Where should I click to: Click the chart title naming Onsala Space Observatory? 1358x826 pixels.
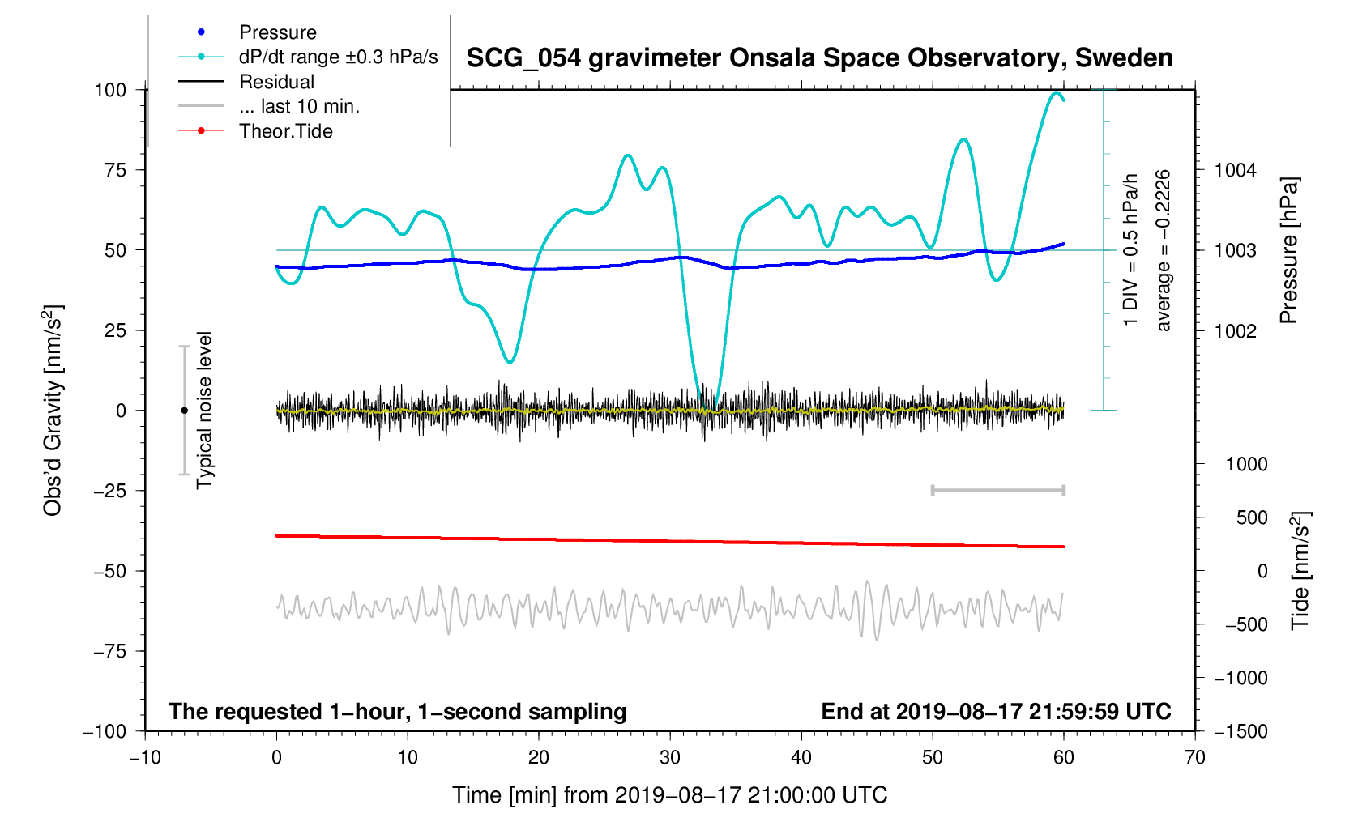(x=819, y=58)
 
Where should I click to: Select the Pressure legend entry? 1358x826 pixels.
(x=277, y=32)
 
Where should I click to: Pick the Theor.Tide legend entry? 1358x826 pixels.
(x=285, y=131)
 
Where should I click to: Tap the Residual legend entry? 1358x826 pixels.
(x=276, y=82)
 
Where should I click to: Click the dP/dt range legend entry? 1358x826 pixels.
(x=338, y=57)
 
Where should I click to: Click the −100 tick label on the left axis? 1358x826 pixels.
(x=105, y=731)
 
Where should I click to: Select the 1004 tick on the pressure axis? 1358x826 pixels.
(x=1235, y=170)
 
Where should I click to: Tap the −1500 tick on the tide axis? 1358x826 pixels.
(x=1241, y=731)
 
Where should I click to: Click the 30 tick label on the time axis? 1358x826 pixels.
(x=670, y=758)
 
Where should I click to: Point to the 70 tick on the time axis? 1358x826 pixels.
(x=1194, y=758)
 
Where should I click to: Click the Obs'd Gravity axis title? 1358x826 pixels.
(x=53, y=411)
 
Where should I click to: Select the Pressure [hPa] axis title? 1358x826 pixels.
(x=1288, y=250)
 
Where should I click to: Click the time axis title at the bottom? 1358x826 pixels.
(x=669, y=795)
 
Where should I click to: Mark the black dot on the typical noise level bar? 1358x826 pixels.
(x=184, y=411)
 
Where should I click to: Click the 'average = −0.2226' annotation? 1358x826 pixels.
(x=1164, y=250)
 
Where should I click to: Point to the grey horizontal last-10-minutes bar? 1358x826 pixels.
(x=997, y=490)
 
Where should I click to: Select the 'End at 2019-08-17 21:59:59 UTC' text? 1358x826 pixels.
(x=996, y=712)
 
